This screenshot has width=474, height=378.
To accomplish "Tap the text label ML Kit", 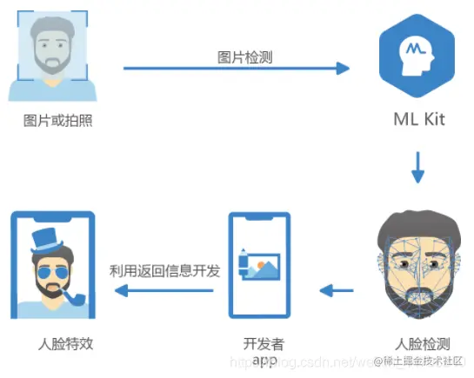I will click(417, 118).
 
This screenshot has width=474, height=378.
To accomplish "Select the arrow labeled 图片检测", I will click(236, 68).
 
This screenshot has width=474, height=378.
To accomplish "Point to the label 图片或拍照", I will click(57, 120).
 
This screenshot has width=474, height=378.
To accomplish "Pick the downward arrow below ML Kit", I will click(417, 168).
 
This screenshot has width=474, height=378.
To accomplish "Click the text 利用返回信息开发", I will click(164, 270).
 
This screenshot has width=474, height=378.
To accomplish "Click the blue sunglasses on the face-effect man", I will click(50, 275).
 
